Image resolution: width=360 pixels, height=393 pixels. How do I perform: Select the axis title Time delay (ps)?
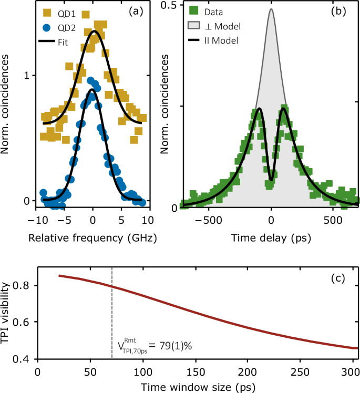click(271, 237)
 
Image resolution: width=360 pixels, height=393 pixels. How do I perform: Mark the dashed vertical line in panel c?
click(112, 315)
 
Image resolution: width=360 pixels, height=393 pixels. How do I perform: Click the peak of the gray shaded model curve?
click(271, 9)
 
